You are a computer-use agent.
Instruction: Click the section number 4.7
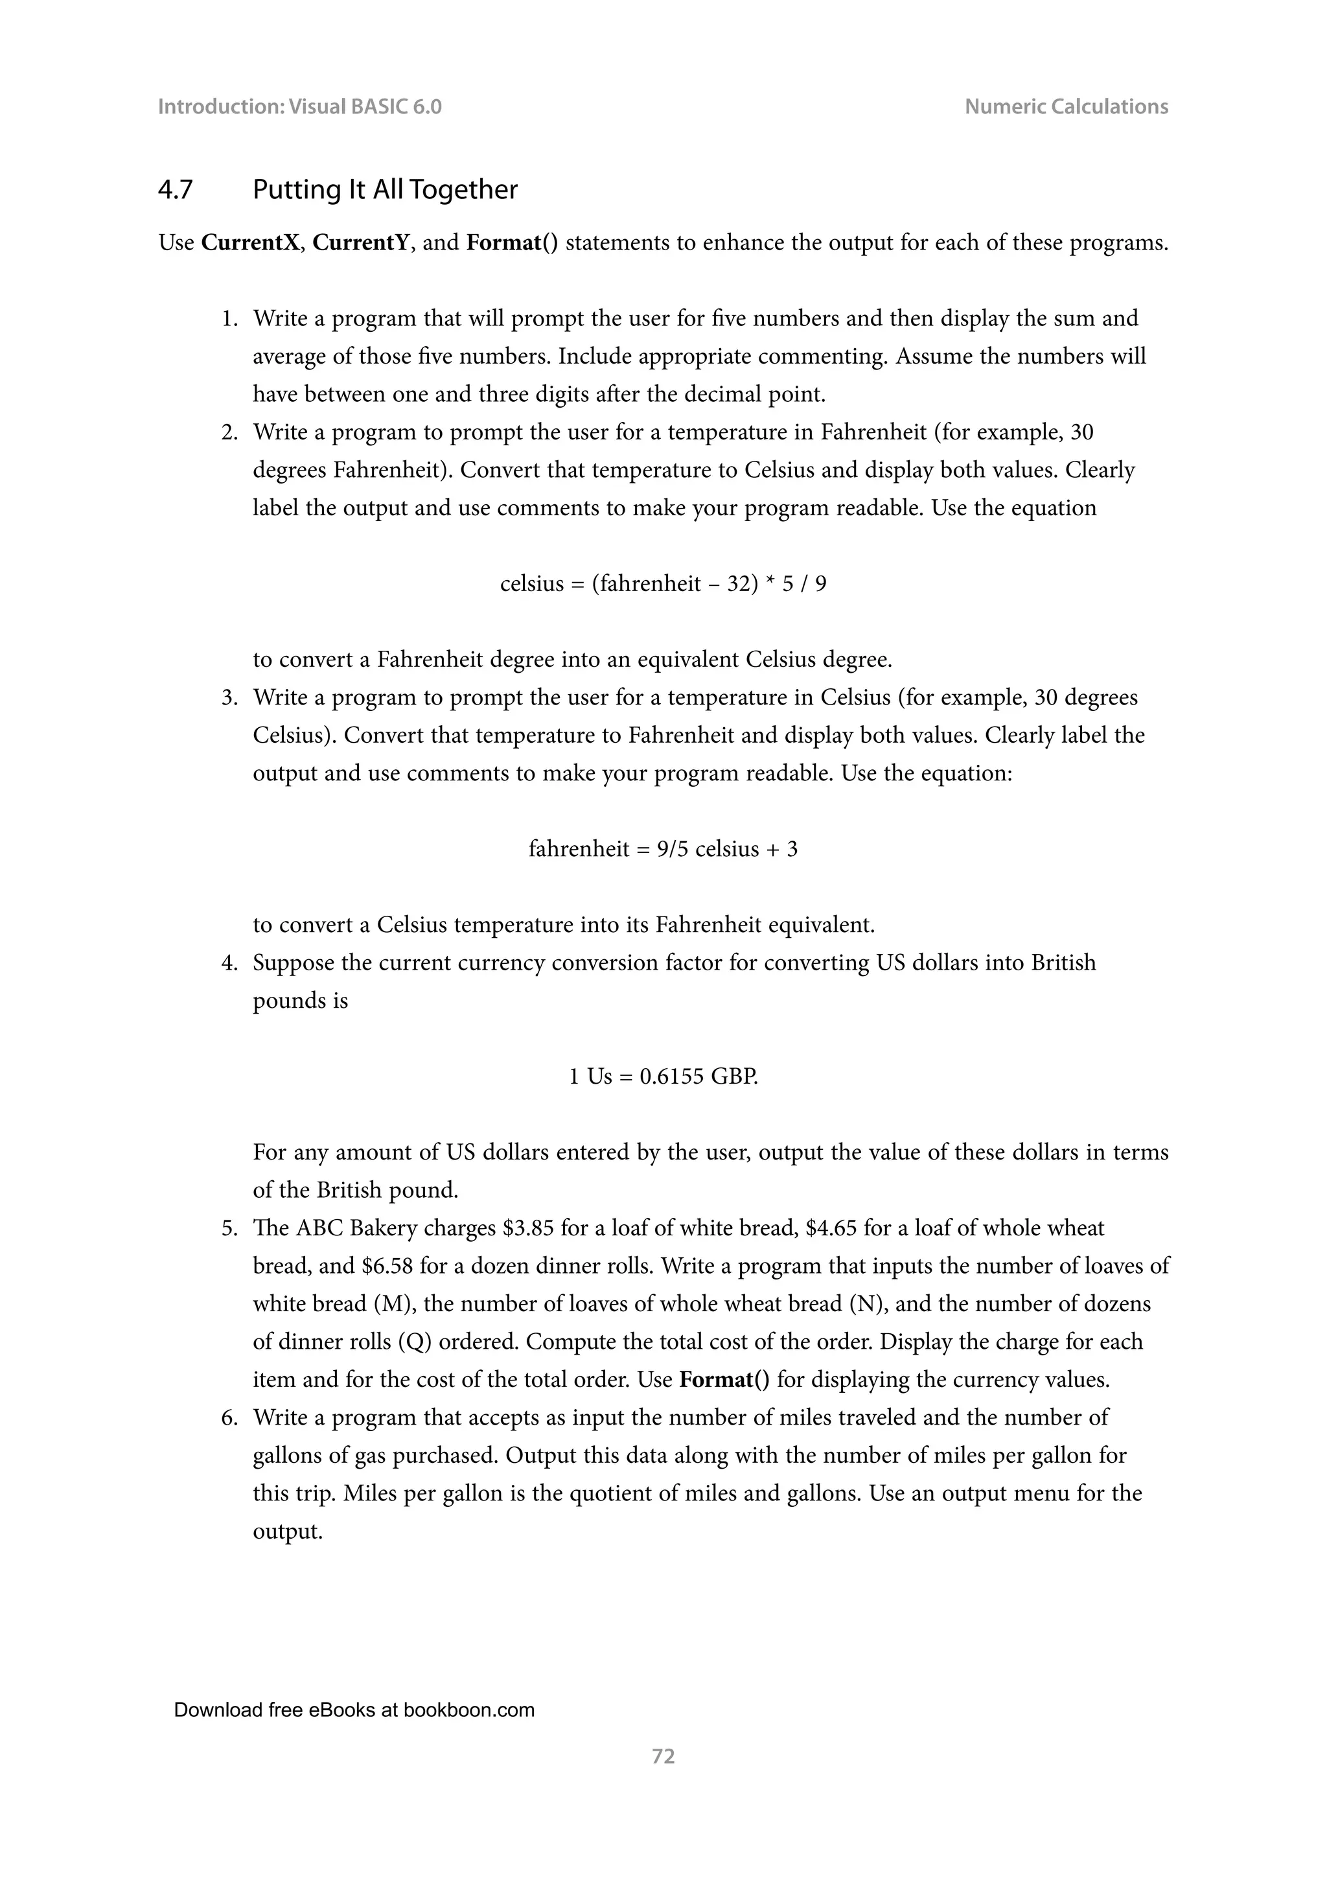click(175, 190)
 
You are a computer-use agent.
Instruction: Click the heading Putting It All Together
click(385, 190)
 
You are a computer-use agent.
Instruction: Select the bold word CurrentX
click(250, 243)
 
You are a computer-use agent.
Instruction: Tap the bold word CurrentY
click(360, 243)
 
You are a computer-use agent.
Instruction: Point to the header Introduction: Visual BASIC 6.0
click(299, 106)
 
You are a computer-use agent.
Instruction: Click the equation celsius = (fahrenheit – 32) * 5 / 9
click(663, 584)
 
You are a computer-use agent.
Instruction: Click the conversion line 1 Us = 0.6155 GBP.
click(663, 1076)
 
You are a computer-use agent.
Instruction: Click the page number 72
click(663, 1756)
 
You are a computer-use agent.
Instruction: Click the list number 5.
click(229, 1228)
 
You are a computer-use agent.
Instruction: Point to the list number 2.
click(229, 432)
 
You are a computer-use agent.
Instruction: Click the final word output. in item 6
click(288, 1531)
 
